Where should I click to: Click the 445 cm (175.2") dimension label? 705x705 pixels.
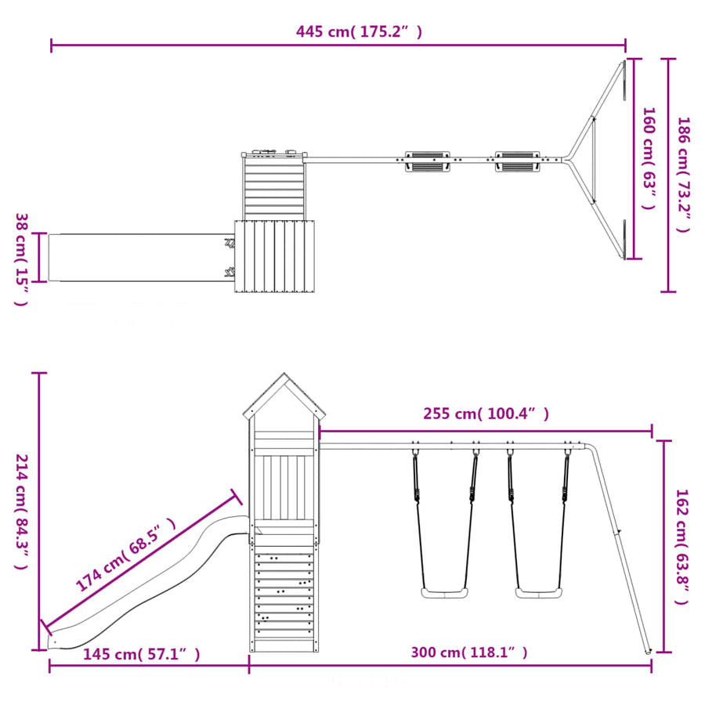(359, 32)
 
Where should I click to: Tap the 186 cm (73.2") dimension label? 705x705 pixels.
(683, 175)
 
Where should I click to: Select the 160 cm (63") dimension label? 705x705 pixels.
(649, 158)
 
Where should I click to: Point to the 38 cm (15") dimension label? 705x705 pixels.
(22, 259)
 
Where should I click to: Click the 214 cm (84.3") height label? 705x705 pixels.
(22, 512)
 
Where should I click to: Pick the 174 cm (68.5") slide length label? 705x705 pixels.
(125, 554)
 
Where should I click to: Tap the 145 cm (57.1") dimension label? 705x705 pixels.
(142, 654)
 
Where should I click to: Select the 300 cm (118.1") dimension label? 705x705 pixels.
(469, 653)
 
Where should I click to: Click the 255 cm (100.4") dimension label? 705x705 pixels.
(486, 414)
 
